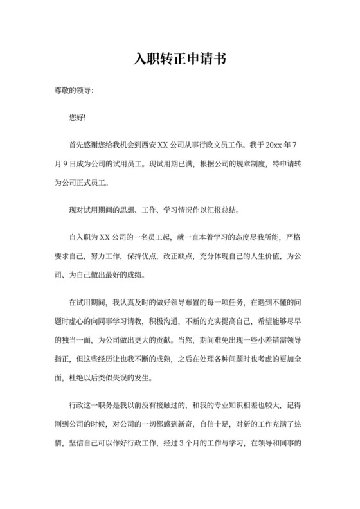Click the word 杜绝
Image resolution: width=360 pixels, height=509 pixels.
coord(76,377)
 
